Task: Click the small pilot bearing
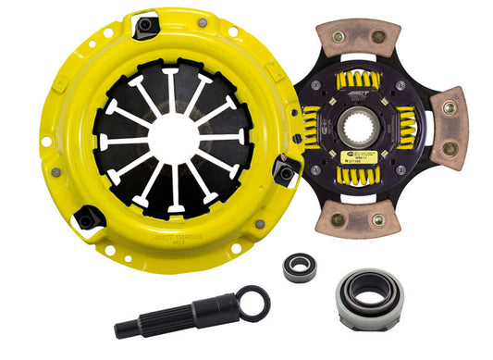coord(300,269)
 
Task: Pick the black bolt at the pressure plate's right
coord(286,172)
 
